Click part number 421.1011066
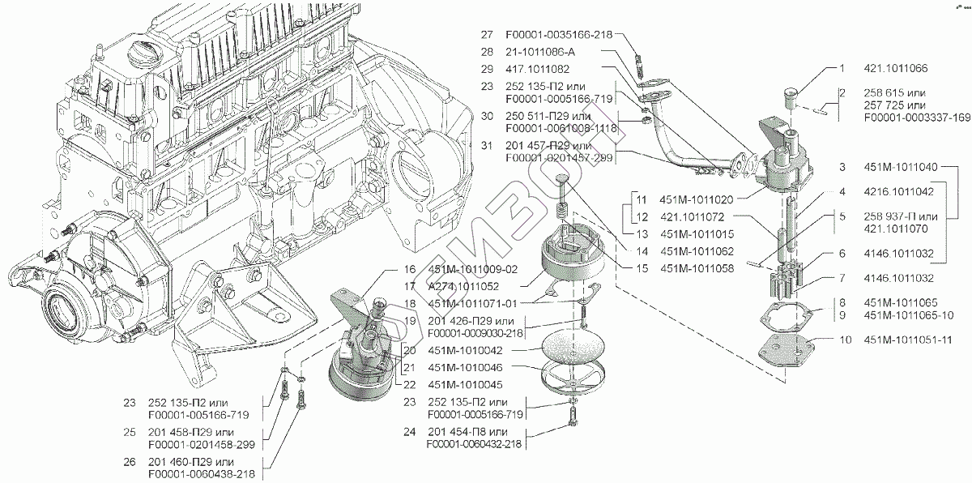(x=896, y=68)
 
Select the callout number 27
(x=487, y=34)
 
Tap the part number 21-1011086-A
(x=540, y=52)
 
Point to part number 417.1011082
(x=538, y=69)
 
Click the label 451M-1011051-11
(x=908, y=340)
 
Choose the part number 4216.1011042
(x=898, y=191)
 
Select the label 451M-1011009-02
(x=473, y=270)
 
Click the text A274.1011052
(x=463, y=286)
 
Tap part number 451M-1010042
(x=465, y=350)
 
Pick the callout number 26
(x=130, y=462)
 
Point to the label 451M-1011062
(x=697, y=251)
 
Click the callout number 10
(x=846, y=340)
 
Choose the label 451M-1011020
(x=697, y=199)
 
